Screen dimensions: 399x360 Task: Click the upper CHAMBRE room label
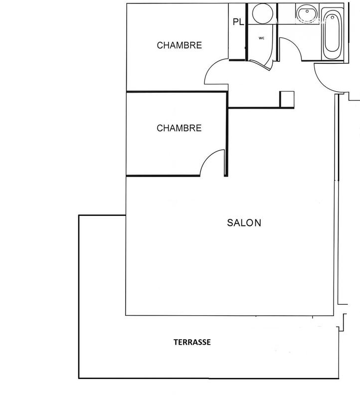pos(180,45)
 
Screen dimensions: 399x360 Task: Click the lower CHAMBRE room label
pos(180,128)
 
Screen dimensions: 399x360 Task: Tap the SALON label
pos(244,223)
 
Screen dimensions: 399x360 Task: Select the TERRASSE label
pos(192,342)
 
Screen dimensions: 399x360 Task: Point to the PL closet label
pos(238,22)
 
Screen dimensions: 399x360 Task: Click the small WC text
pos(261,38)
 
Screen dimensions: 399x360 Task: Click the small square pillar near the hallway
pos(288,99)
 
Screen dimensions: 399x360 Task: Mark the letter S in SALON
pos(230,223)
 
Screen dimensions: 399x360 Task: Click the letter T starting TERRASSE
pos(176,342)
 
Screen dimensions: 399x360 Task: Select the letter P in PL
pos(235,22)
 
